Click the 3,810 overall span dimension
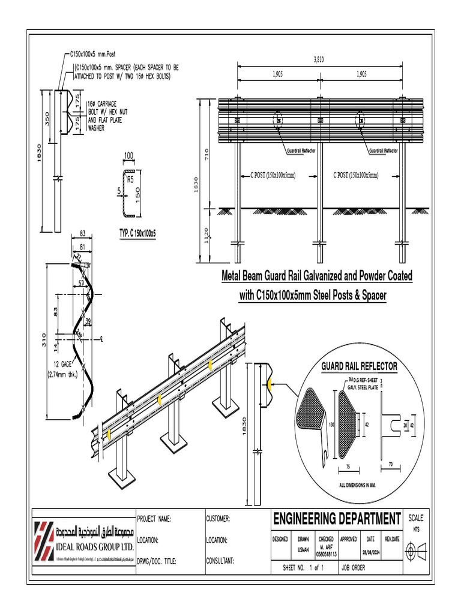pyautogui.click(x=318, y=59)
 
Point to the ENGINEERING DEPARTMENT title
pyautogui.click(x=337, y=517)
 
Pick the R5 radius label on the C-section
pyautogui.click(x=130, y=179)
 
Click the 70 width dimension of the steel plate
pyautogui.click(x=390, y=464)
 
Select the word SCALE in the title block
pyautogui.click(x=415, y=517)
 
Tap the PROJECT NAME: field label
pyautogui.click(x=155, y=519)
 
